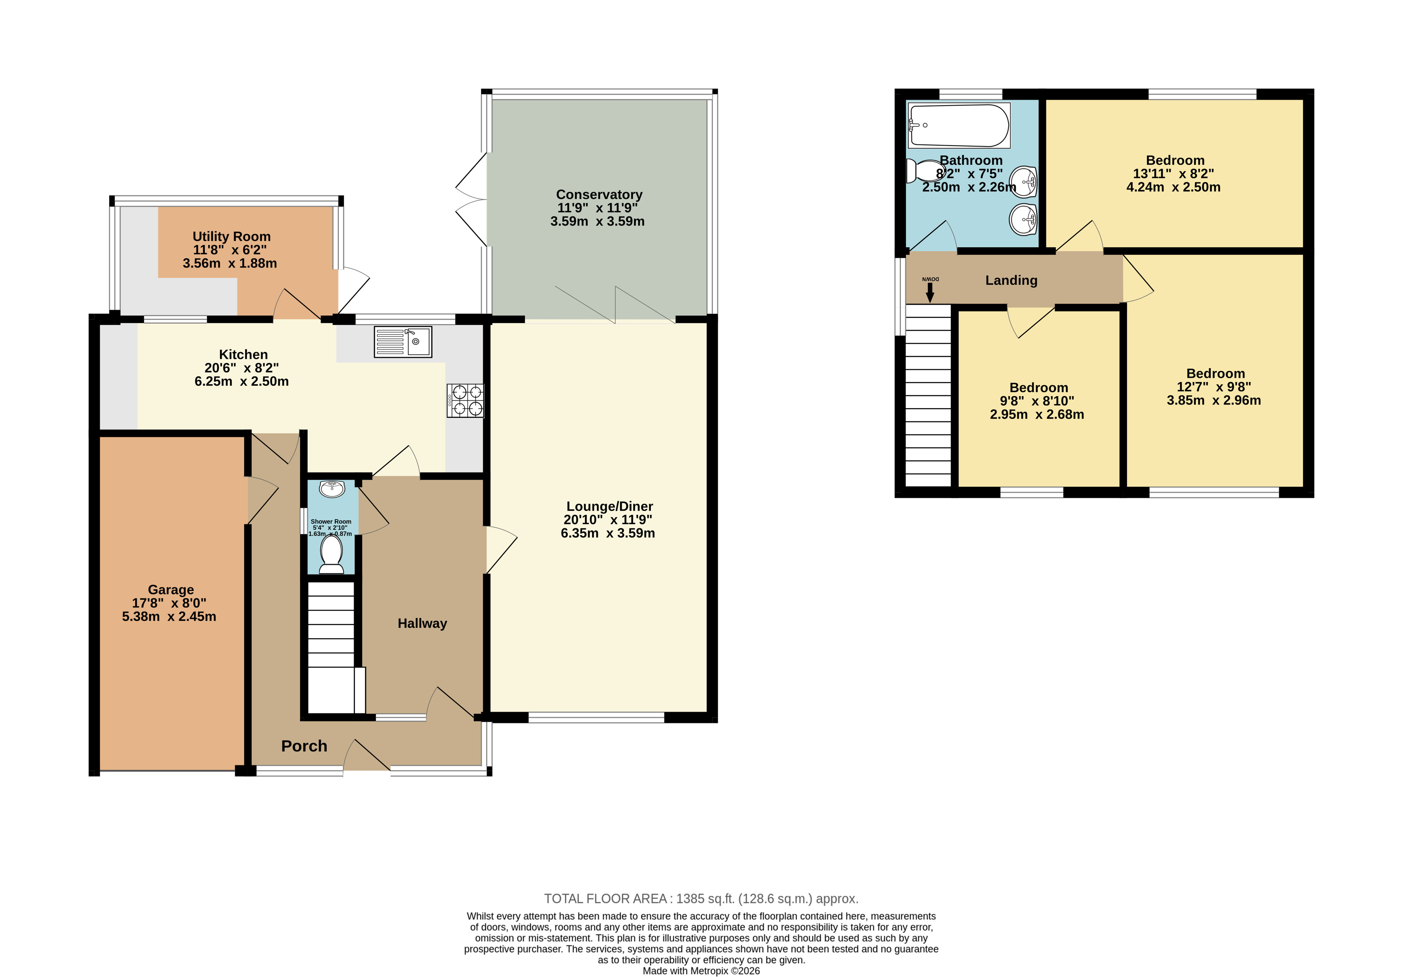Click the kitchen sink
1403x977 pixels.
403,342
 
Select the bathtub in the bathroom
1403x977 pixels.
959,125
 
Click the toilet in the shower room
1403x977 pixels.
332,554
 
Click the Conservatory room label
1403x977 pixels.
599,194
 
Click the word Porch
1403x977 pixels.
304,746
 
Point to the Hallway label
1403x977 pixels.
422,623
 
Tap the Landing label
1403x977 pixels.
1011,280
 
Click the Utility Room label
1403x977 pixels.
232,236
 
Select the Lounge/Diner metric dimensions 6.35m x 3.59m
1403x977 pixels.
608,533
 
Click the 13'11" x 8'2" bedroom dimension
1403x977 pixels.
1173,174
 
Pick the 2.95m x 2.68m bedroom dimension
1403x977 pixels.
1037,414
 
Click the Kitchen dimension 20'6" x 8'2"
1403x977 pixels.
242,368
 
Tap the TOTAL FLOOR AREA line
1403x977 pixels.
702,899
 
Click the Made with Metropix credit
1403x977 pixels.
702,971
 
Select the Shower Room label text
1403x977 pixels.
331,522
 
